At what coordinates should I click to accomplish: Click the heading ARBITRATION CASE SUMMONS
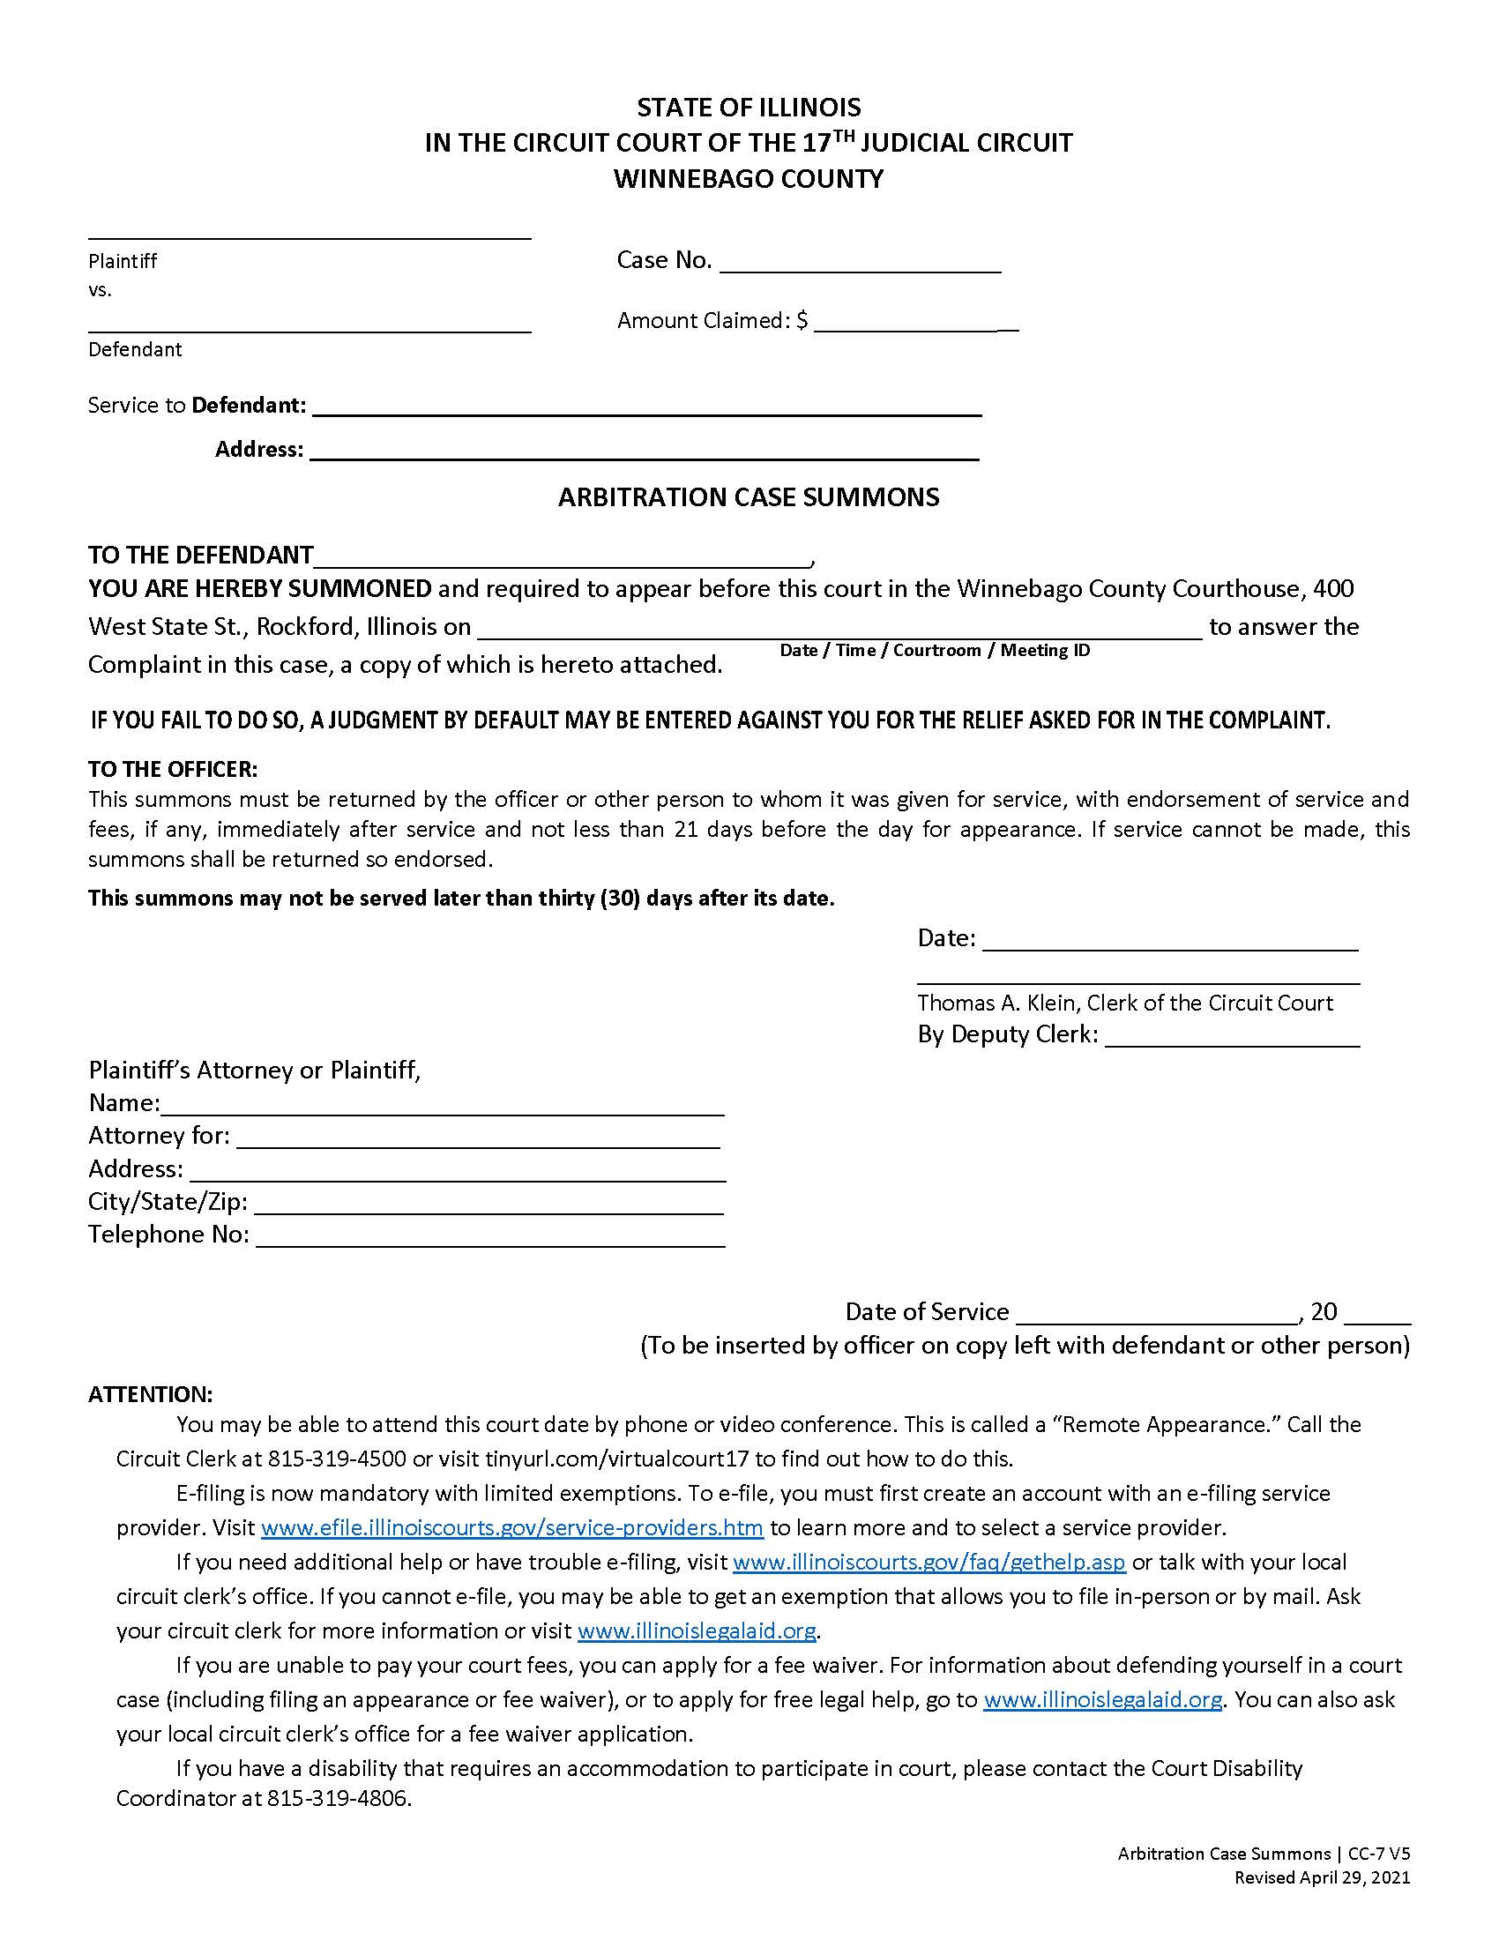click(748, 497)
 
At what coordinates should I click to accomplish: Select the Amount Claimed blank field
click(914, 324)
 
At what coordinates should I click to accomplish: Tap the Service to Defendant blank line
click(646, 408)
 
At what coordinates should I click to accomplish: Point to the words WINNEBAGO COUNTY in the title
click(748, 178)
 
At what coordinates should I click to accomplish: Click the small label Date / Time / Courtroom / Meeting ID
click(934, 650)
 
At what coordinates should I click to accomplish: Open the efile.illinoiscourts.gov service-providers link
click(511, 1528)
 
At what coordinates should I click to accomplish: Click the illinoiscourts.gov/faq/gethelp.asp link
click(928, 1563)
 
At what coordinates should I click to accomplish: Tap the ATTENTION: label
click(150, 1395)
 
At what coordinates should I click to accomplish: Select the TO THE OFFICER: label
click(172, 769)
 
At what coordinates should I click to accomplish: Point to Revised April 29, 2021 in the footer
click(1322, 1877)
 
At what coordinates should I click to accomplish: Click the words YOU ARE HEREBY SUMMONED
click(259, 589)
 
